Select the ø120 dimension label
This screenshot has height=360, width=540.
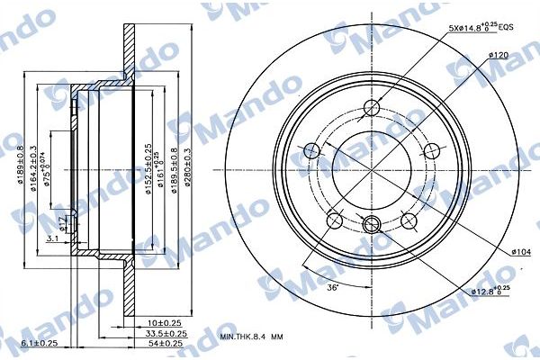coord(501,56)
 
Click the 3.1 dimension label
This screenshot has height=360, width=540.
coord(54,238)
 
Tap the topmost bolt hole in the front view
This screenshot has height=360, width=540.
coord(371,109)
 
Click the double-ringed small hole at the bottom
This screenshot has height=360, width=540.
coord(371,224)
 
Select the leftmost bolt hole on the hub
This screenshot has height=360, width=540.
coord(311,149)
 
